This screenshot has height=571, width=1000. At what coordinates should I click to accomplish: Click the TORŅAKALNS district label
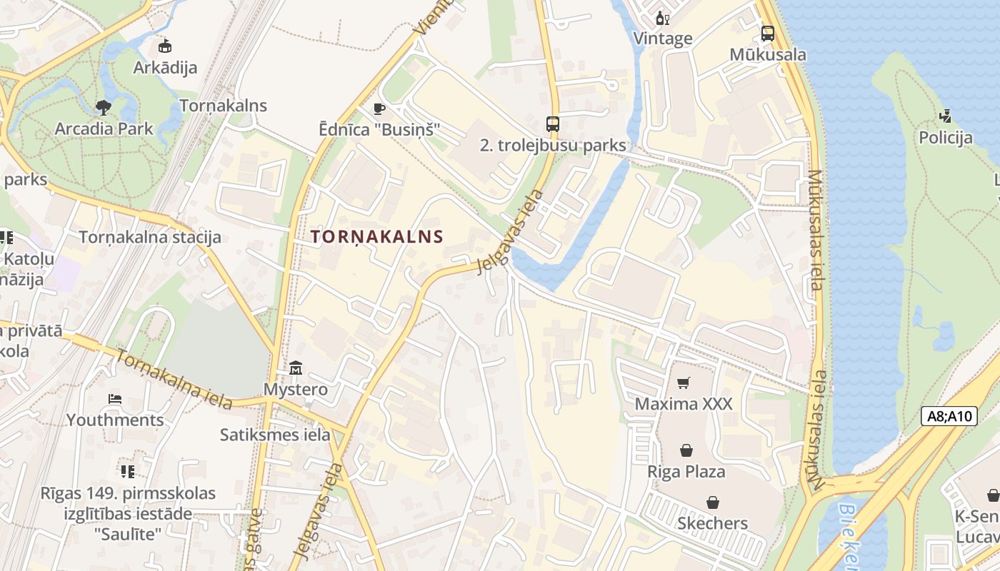(377, 237)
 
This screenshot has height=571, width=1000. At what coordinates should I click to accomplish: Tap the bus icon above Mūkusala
(768, 33)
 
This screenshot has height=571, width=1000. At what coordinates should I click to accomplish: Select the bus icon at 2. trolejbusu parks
(553, 123)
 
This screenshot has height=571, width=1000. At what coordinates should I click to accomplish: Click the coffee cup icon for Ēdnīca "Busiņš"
(379, 108)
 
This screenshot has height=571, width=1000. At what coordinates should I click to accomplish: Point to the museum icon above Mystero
(296, 368)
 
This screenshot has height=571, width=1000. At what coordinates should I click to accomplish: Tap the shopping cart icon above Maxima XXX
(684, 383)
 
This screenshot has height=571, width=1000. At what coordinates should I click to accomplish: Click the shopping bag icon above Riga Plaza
(686, 450)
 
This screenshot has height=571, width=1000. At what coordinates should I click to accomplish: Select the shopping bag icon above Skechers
(712, 502)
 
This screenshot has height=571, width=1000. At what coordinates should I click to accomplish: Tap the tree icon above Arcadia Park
(104, 108)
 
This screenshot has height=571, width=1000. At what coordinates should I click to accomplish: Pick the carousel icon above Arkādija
(165, 46)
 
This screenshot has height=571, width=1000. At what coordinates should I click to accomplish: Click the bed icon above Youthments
(115, 398)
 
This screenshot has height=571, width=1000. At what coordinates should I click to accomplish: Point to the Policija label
(946, 138)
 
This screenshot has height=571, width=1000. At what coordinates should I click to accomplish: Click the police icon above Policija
(946, 116)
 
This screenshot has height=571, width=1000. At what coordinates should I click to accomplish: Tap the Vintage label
(663, 39)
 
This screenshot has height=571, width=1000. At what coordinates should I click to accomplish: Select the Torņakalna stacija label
(150, 237)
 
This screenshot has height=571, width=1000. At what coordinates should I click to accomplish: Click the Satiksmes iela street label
(275, 435)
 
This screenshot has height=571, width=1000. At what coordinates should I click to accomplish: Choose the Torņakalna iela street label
(174, 380)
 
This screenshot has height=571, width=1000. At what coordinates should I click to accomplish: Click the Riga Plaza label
(686, 472)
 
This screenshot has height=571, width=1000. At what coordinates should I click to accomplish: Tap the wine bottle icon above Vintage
(662, 18)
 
